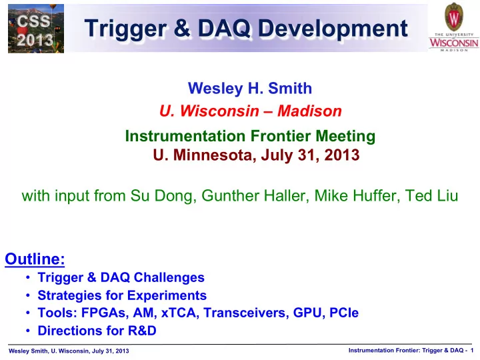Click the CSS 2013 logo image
click(x=36, y=29)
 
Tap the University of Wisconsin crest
click(x=454, y=17)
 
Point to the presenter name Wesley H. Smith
click(x=250, y=88)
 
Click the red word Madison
click(x=309, y=111)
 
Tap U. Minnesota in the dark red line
click(x=203, y=155)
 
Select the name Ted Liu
click(x=431, y=195)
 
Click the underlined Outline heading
click(x=35, y=259)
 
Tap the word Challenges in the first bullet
click(x=169, y=277)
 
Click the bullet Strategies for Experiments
click(x=122, y=295)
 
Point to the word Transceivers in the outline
click(x=246, y=313)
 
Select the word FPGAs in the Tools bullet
click(x=103, y=313)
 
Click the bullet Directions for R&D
click(x=97, y=331)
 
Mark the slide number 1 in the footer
click(x=472, y=351)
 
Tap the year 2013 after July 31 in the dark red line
click(x=342, y=155)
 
